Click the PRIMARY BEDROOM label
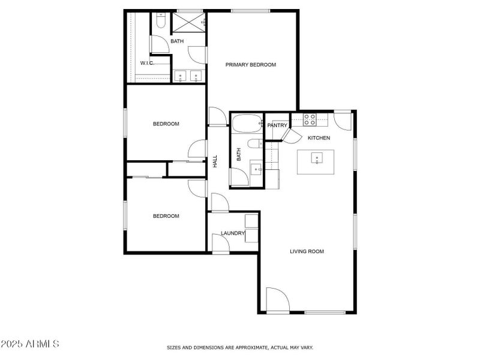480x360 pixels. [251, 65]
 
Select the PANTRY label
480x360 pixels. [277, 125]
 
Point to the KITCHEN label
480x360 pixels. [319, 138]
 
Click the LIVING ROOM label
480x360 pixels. [307, 251]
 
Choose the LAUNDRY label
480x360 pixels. [232, 233]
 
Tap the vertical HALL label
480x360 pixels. [215, 161]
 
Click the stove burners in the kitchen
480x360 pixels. [310, 119]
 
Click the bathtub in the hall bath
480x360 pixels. [245, 124]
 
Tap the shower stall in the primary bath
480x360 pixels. [188, 23]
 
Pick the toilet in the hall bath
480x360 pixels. [254, 144]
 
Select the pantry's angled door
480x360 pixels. [292, 135]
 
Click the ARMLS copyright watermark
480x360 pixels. [30, 344]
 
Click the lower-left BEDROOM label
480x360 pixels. [166, 216]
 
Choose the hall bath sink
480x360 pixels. [256, 169]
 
